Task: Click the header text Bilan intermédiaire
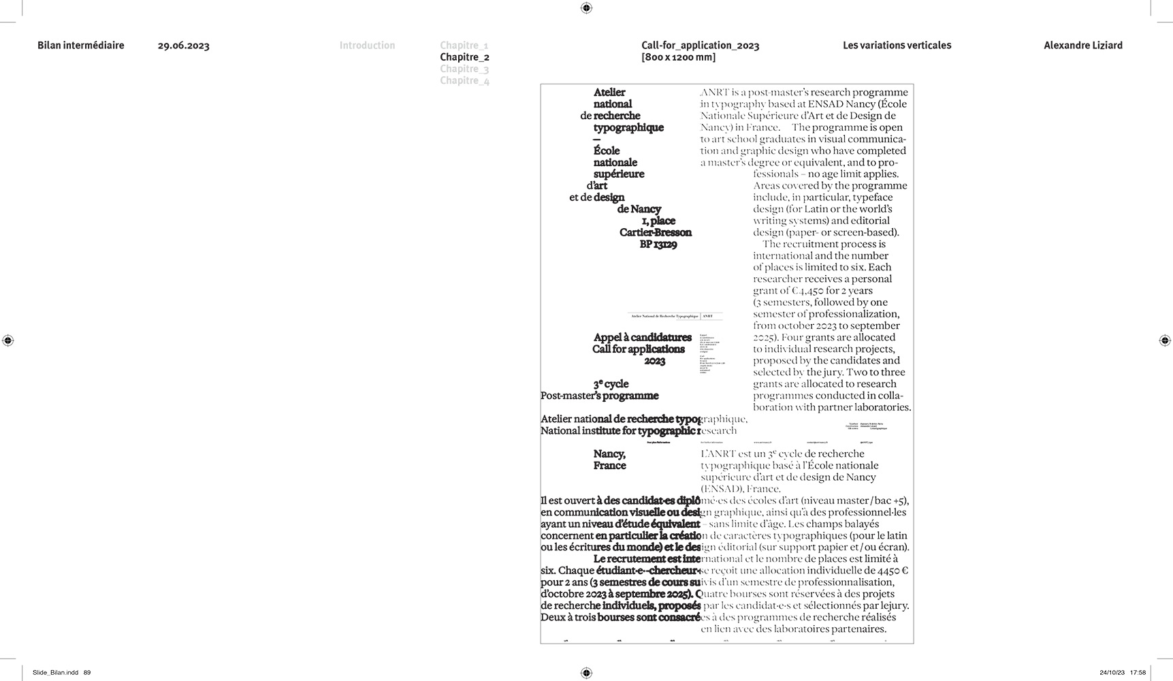(x=81, y=46)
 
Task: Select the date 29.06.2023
(x=183, y=46)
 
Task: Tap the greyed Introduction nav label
(x=367, y=46)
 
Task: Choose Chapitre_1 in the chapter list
(x=464, y=46)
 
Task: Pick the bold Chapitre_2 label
(x=464, y=57)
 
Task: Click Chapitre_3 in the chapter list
(x=464, y=69)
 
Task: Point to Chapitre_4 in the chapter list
(x=464, y=80)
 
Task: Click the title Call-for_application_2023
(x=700, y=46)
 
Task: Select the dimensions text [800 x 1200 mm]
(x=678, y=57)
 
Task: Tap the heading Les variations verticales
(x=897, y=46)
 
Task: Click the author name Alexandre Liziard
(x=1082, y=46)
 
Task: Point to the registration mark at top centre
(x=586, y=8)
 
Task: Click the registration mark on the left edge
(x=8, y=340)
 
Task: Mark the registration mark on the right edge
(x=1164, y=340)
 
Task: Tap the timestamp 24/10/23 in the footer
(x=1111, y=673)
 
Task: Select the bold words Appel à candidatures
(x=642, y=337)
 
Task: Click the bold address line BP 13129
(x=658, y=244)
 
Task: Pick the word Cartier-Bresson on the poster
(x=655, y=233)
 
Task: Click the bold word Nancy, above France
(x=609, y=454)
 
